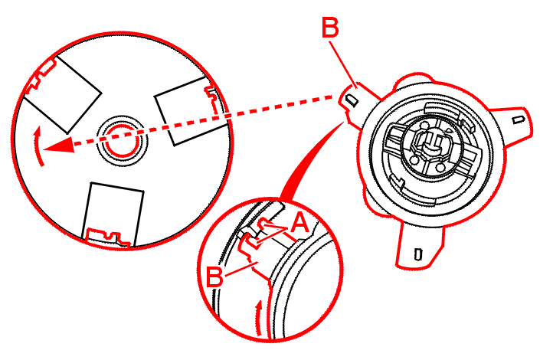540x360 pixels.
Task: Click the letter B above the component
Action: [x=330, y=28]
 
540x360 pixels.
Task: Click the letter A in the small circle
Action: [x=300, y=224]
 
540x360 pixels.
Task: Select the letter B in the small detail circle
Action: [x=217, y=277]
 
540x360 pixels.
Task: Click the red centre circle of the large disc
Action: [x=120, y=139]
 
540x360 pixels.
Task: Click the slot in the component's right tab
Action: [x=519, y=119]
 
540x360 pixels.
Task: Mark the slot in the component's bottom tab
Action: [x=417, y=253]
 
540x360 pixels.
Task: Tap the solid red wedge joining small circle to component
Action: [x=306, y=157]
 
